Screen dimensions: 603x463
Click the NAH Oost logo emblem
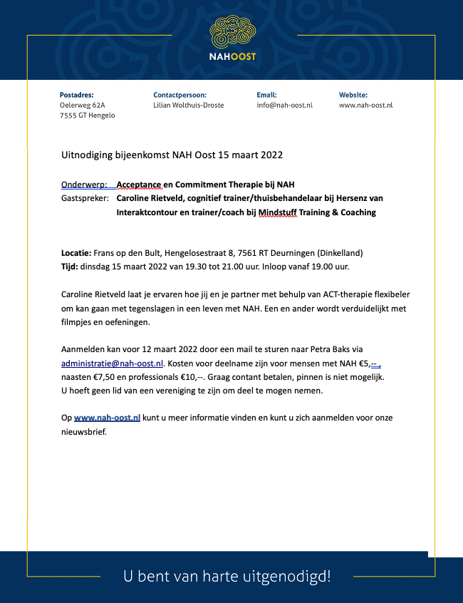point(232,31)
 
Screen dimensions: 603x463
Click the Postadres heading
point(77,95)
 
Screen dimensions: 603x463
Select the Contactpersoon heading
point(180,95)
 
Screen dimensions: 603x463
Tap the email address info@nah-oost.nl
point(284,105)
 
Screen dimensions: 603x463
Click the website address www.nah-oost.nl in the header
point(365,105)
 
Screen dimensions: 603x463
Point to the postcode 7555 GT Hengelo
point(87,115)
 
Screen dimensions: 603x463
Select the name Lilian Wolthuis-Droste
point(188,105)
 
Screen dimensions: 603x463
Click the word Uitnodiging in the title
point(88,155)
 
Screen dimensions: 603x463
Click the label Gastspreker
point(85,198)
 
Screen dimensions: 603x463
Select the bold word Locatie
point(76,253)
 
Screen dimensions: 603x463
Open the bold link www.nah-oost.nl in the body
point(107,418)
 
